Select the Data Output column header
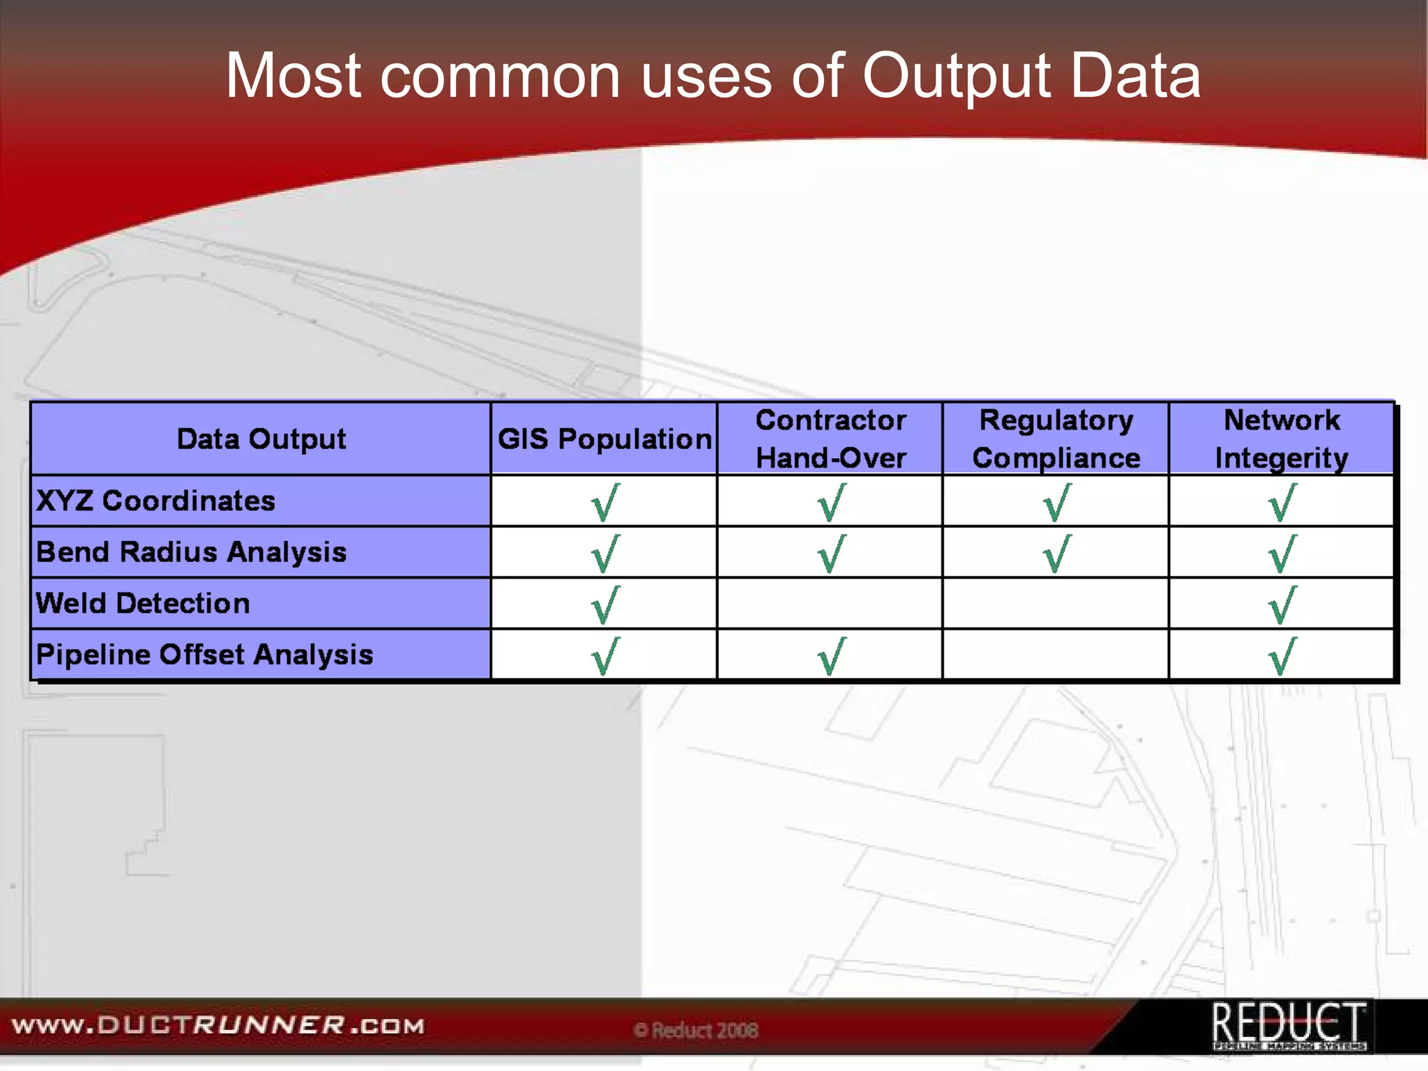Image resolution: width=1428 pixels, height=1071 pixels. pos(261,439)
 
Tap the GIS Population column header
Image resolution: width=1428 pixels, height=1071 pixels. pos(604,439)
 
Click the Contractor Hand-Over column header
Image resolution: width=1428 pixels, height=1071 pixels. pos(830,439)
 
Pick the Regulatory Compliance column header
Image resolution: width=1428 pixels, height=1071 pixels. pos(1056,439)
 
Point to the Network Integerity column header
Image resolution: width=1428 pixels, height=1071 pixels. pos(1281,439)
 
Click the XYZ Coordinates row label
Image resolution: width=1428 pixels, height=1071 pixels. pos(155,501)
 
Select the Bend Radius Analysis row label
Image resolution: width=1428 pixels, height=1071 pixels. pos(191,552)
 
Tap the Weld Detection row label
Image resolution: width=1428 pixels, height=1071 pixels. pos(143,603)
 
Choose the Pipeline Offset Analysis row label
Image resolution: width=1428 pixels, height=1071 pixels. pos(204,655)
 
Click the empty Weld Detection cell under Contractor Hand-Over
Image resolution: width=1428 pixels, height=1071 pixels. pos(830,603)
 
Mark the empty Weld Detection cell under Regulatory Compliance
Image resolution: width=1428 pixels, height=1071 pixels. pos(1056,603)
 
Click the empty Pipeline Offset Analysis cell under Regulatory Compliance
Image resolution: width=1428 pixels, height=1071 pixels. pos(1056,655)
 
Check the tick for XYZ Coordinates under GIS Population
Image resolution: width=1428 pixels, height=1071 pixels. pos(605,503)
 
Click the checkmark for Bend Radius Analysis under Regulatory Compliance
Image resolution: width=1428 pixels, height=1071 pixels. pos(1056,554)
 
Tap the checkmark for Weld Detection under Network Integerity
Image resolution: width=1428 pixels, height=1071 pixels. pos(1282,605)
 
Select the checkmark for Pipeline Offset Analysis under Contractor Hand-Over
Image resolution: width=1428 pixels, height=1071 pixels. pos(830,656)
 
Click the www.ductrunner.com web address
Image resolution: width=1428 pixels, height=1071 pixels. pos(218,1026)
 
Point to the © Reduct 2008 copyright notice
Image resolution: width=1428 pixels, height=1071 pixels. pos(696,1030)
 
